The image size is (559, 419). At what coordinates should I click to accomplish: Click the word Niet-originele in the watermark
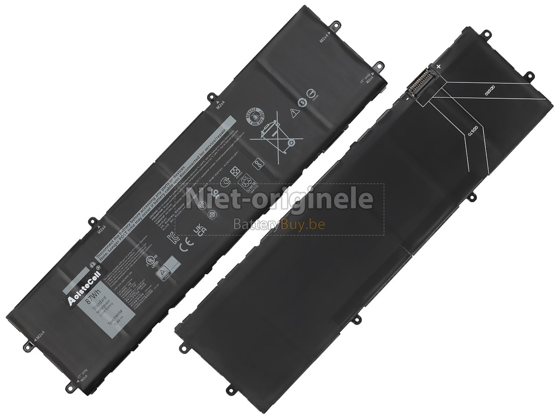point(279,199)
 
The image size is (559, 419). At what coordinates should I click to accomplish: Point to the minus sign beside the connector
point(406,98)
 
